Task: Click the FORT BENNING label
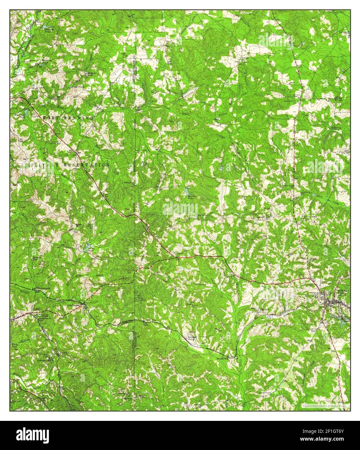[x=68, y=118]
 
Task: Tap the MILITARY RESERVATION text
[x=68, y=165]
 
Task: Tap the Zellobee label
[x=193, y=338]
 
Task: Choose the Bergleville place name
[x=223, y=358]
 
